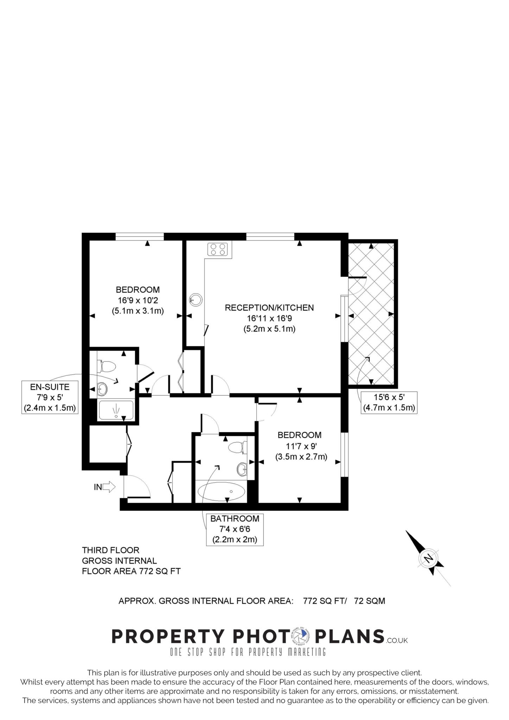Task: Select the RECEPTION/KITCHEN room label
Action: click(269, 308)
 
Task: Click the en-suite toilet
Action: click(106, 367)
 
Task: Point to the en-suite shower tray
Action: click(116, 410)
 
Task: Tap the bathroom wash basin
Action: click(242, 469)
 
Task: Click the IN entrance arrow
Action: click(110, 487)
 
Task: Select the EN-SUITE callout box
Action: click(50, 397)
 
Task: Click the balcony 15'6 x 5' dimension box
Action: click(389, 403)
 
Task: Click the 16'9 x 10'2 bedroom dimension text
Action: click(138, 301)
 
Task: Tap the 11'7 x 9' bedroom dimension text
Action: click(299, 446)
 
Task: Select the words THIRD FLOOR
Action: click(111, 550)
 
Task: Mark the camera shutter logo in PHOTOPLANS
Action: click(300, 636)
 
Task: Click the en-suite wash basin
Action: click(102, 388)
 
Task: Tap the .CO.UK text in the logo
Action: click(396, 641)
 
